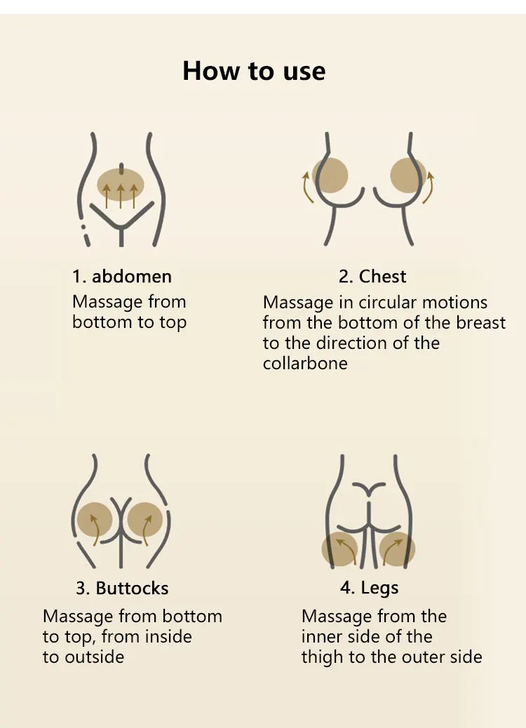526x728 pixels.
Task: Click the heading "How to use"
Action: [x=254, y=71]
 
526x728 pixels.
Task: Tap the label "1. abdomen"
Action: [x=121, y=276]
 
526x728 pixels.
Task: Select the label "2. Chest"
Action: [x=372, y=276]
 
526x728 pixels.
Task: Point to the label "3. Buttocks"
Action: [x=122, y=588]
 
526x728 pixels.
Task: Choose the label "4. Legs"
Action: [x=369, y=587]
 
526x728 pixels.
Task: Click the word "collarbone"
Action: [x=305, y=364]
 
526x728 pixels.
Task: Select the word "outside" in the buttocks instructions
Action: [x=94, y=657]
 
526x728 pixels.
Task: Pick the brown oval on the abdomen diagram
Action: [x=121, y=185]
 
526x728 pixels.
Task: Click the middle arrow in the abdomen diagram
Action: [x=121, y=195]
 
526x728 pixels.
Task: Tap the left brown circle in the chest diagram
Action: [x=330, y=175]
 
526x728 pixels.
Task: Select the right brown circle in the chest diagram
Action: [x=408, y=175]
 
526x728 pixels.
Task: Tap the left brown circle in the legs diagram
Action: [x=340, y=549]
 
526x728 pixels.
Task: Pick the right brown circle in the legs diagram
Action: [x=397, y=549]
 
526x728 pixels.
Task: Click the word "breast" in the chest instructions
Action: [x=480, y=323]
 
